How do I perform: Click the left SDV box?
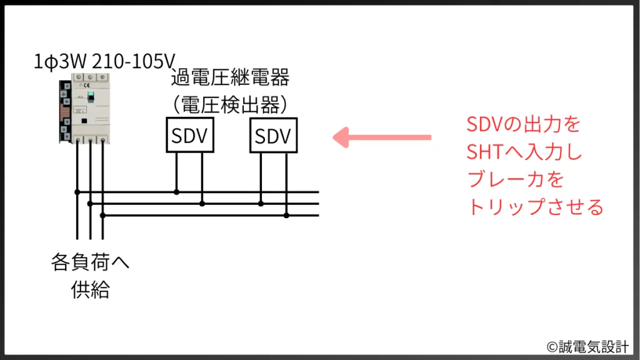pyautogui.click(x=190, y=135)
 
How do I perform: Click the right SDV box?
pyautogui.click(x=274, y=135)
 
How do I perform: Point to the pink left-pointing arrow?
pyautogui.click(x=381, y=137)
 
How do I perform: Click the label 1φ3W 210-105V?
pyautogui.click(x=104, y=62)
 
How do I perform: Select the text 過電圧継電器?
pyautogui.click(x=230, y=79)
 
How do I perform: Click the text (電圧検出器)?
pyautogui.click(x=230, y=102)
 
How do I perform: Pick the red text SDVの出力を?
pyautogui.click(x=524, y=124)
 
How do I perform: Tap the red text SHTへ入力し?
pyautogui.click(x=524, y=152)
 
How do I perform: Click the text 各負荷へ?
pyautogui.click(x=90, y=263)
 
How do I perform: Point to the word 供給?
pyautogui.click(x=90, y=290)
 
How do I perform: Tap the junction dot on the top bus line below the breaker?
pyautogui.click(x=77, y=192)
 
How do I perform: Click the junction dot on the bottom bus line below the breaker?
pyautogui.click(x=102, y=215)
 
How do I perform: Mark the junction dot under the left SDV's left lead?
pyautogui.click(x=176, y=192)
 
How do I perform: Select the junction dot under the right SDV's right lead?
pyautogui.click(x=286, y=215)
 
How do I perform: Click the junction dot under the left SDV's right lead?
pyautogui.click(x=202, y=203)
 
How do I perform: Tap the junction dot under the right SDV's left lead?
pyautogui.click(x=261, y=203)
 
